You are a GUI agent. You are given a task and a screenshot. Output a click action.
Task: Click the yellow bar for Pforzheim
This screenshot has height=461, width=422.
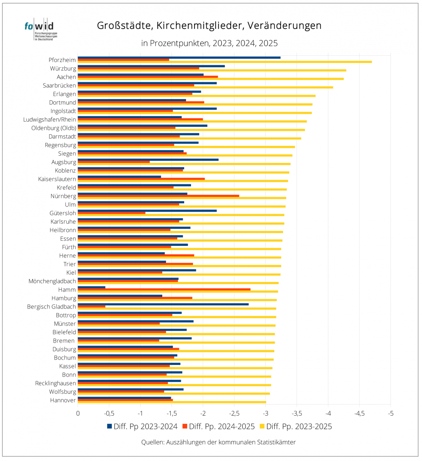click(224, 62)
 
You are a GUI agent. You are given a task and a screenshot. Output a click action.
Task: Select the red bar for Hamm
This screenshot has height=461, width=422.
click(164, 290)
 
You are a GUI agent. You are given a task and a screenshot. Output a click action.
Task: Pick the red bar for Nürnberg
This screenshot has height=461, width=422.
click(158, 196)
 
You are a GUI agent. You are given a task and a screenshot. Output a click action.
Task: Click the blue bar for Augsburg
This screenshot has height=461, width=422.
click(148, 160)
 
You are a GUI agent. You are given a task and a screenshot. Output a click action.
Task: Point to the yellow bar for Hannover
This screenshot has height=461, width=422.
click(172, 402)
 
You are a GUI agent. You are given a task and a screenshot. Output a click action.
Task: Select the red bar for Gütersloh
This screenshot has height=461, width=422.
click(111, 213)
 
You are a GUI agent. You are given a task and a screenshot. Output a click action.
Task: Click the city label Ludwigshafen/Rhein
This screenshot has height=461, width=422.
click(49, 119)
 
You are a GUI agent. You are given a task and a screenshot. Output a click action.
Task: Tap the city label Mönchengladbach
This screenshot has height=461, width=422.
click(52, 281)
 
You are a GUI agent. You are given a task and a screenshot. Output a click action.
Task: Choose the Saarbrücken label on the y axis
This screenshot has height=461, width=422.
click(59, 86)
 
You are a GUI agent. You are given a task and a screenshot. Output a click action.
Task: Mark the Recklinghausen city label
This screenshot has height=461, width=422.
click(55, 383)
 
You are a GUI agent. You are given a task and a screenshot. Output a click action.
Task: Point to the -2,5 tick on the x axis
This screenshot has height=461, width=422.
click(234, 414)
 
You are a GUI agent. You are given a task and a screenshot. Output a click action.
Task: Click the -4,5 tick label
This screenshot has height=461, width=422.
click(359, 414)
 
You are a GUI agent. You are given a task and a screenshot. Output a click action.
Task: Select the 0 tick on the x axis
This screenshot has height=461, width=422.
click(78, 414)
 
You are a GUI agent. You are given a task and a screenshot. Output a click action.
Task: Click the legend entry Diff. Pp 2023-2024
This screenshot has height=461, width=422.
click(142, 426)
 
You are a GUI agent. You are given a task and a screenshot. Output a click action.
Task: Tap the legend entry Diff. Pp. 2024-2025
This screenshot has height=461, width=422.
click(219, 426)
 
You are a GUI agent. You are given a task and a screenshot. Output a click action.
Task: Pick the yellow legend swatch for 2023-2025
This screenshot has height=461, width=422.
click(262, 426)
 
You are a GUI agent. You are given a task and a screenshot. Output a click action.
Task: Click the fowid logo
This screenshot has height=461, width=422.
click(41, 29)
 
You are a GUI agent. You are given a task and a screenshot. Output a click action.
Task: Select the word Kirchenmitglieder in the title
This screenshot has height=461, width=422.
click(199, 25)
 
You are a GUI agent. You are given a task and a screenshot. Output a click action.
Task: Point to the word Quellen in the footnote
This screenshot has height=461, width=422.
click(153, 443)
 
